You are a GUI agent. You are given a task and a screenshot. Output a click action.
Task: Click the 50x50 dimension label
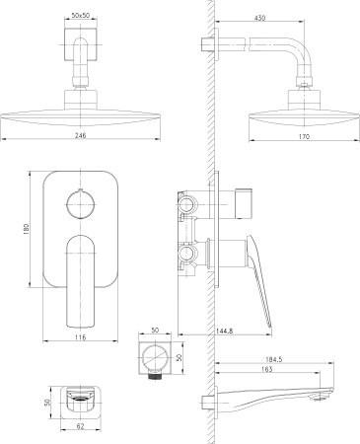point(82,16)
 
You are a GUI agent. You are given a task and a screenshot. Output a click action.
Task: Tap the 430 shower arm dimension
point(260,16)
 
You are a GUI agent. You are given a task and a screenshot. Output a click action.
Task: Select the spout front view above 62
point(81,401)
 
